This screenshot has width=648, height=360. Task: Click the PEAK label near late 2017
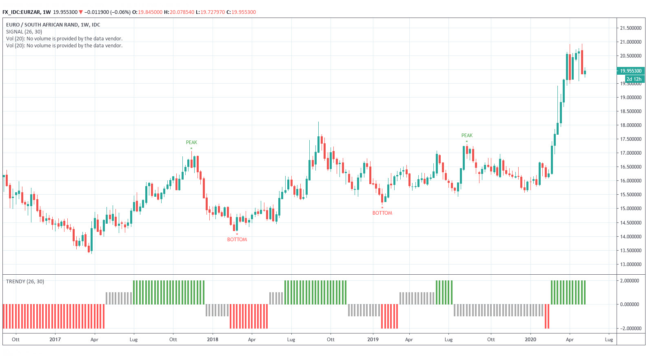coord(191,142)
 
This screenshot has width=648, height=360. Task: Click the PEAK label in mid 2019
coord(467,136)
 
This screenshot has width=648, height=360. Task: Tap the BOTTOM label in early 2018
coord(237,240)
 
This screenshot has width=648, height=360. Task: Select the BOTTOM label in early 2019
coord(382,213)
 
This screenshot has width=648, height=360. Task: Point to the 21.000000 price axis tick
coord(630,42)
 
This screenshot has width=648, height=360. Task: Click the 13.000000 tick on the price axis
coord(630,264)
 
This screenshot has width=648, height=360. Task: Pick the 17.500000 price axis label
coord(630,139)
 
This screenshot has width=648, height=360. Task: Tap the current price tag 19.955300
coord(630,71)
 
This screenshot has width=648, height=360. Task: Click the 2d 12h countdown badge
coord(634,79)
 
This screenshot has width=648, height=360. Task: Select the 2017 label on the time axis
coord(55,340)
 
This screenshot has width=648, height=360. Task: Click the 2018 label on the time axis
coord(213,340)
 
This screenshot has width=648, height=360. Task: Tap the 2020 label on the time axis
coord(530,340)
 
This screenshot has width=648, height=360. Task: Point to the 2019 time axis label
coord(373,340)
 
